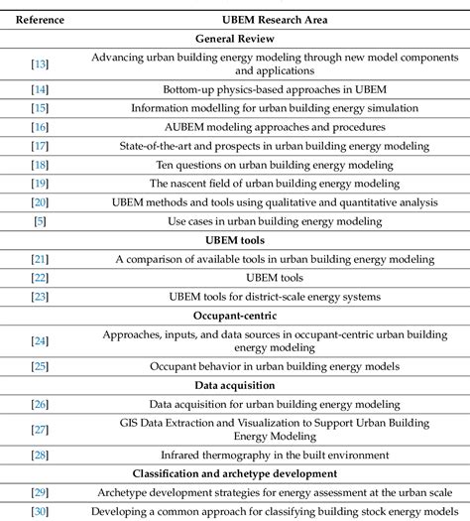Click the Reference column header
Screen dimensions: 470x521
pyautogui.click(x=39, y=19)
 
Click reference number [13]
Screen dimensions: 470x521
pyautogui.click(x=40, y=65)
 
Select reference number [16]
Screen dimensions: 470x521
pyautogui.click(x=40, y=127)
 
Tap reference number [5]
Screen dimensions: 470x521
pyautogui.click(x=40, y=219)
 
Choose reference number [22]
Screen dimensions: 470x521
pyautogui.click(x=40, y=277)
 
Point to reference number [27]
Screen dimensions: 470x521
pyautogui.click(x=40, y=430)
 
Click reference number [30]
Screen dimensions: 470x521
pyautogui.click(x=40, y=511)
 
